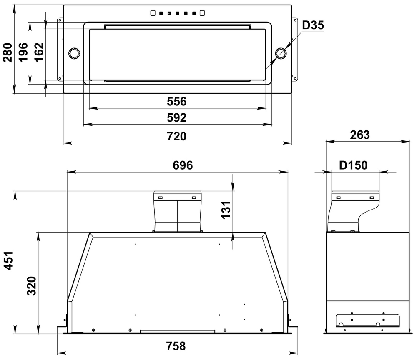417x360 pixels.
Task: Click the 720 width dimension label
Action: (176, 136)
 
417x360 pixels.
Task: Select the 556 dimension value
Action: (176, 102)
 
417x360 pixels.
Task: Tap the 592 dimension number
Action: (176, 117)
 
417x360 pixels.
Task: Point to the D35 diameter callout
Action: (313, 25)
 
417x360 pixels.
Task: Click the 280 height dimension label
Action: (8, 52)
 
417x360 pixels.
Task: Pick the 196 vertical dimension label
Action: (23, 52)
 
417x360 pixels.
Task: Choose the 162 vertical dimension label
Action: (39, 52)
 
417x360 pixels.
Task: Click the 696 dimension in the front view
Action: (183, 165)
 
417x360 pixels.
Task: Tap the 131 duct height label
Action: (226, 210)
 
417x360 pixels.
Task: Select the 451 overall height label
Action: (9, 261)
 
